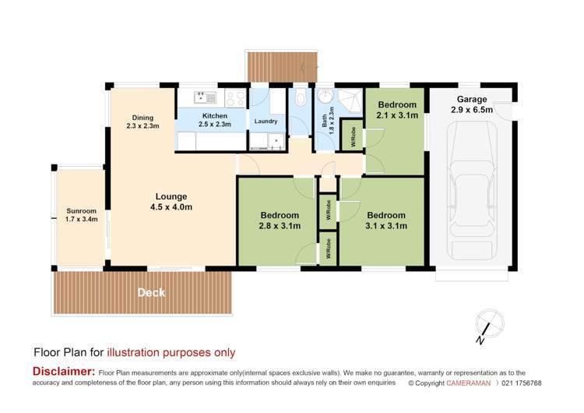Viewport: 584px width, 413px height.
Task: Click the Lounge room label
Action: tap(170, 202)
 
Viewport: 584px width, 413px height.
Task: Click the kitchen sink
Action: tap(206, 97)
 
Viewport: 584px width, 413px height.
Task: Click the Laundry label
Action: tap(266, 122)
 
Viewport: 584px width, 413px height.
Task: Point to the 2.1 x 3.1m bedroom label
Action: tap(397, 110)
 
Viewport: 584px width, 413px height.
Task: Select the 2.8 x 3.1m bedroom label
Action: tap(280, 221)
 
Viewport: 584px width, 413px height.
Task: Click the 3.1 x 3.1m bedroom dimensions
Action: tap(387, 226)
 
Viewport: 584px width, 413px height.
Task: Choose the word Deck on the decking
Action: tap(151, 292)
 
